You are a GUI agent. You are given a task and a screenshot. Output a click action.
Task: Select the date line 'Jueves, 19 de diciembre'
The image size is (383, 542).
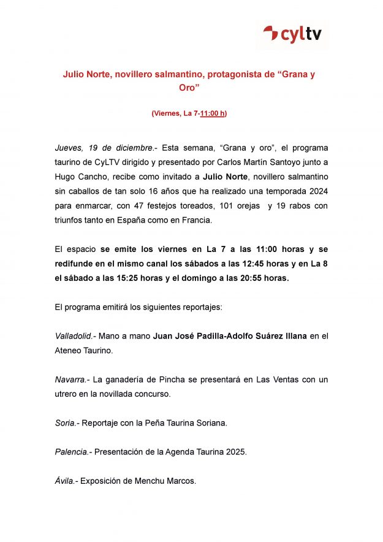[x=104, y=148]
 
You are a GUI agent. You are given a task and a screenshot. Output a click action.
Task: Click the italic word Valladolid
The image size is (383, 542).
[x=74, y=336]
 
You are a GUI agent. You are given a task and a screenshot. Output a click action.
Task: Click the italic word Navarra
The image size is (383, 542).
[x=70, y=380]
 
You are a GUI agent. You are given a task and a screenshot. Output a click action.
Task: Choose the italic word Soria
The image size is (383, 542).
[x=65, y=423]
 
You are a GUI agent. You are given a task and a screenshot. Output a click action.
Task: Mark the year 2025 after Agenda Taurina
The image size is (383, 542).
[x=235, y=452]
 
